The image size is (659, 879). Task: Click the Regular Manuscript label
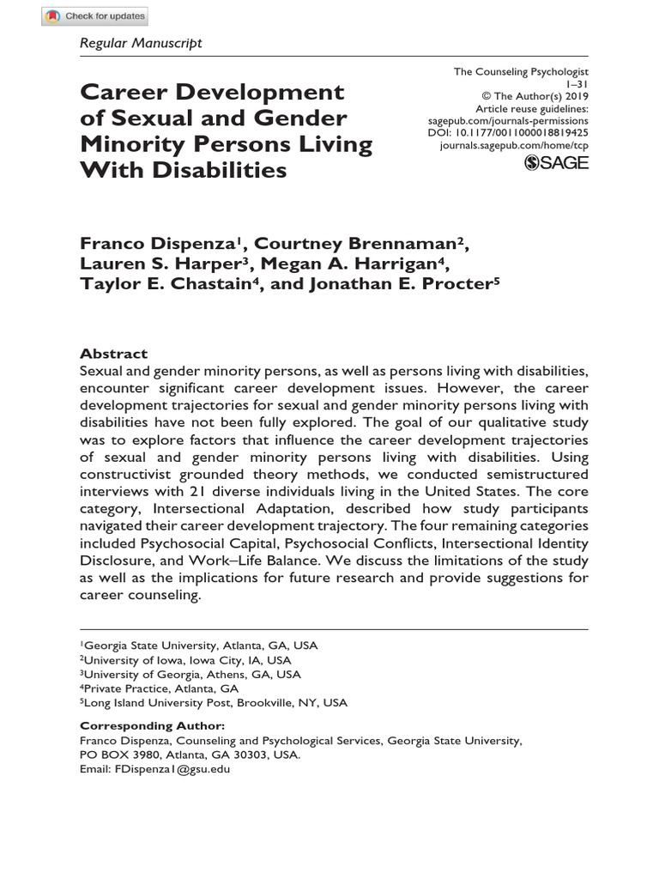(x=141, y=42)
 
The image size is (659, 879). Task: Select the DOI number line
(x=508, y=133)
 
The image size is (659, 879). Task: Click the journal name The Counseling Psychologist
(x=522, y=73)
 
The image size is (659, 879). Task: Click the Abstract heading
(x=113, y=354)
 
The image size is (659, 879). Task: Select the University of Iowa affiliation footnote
(x=186, y=660)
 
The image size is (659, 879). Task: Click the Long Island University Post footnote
(x=215, y=702)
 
